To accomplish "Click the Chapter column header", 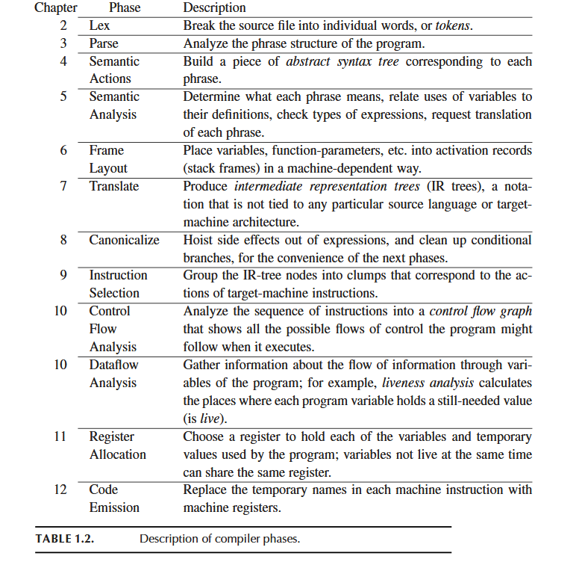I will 55,8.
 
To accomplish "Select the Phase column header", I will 125,8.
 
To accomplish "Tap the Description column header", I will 214,8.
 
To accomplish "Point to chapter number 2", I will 63,25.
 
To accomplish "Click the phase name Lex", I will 99,25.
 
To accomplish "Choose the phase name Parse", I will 104,43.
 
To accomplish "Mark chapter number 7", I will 63,186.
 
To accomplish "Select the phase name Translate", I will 114,186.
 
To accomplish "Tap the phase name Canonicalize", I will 125,240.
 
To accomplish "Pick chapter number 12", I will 60,490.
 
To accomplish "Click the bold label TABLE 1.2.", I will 64,538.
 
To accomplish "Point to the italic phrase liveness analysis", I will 429,383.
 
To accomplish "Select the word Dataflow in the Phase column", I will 113,365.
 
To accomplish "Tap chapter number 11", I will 60,436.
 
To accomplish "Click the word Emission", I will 114,507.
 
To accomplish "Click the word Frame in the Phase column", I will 107,150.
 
